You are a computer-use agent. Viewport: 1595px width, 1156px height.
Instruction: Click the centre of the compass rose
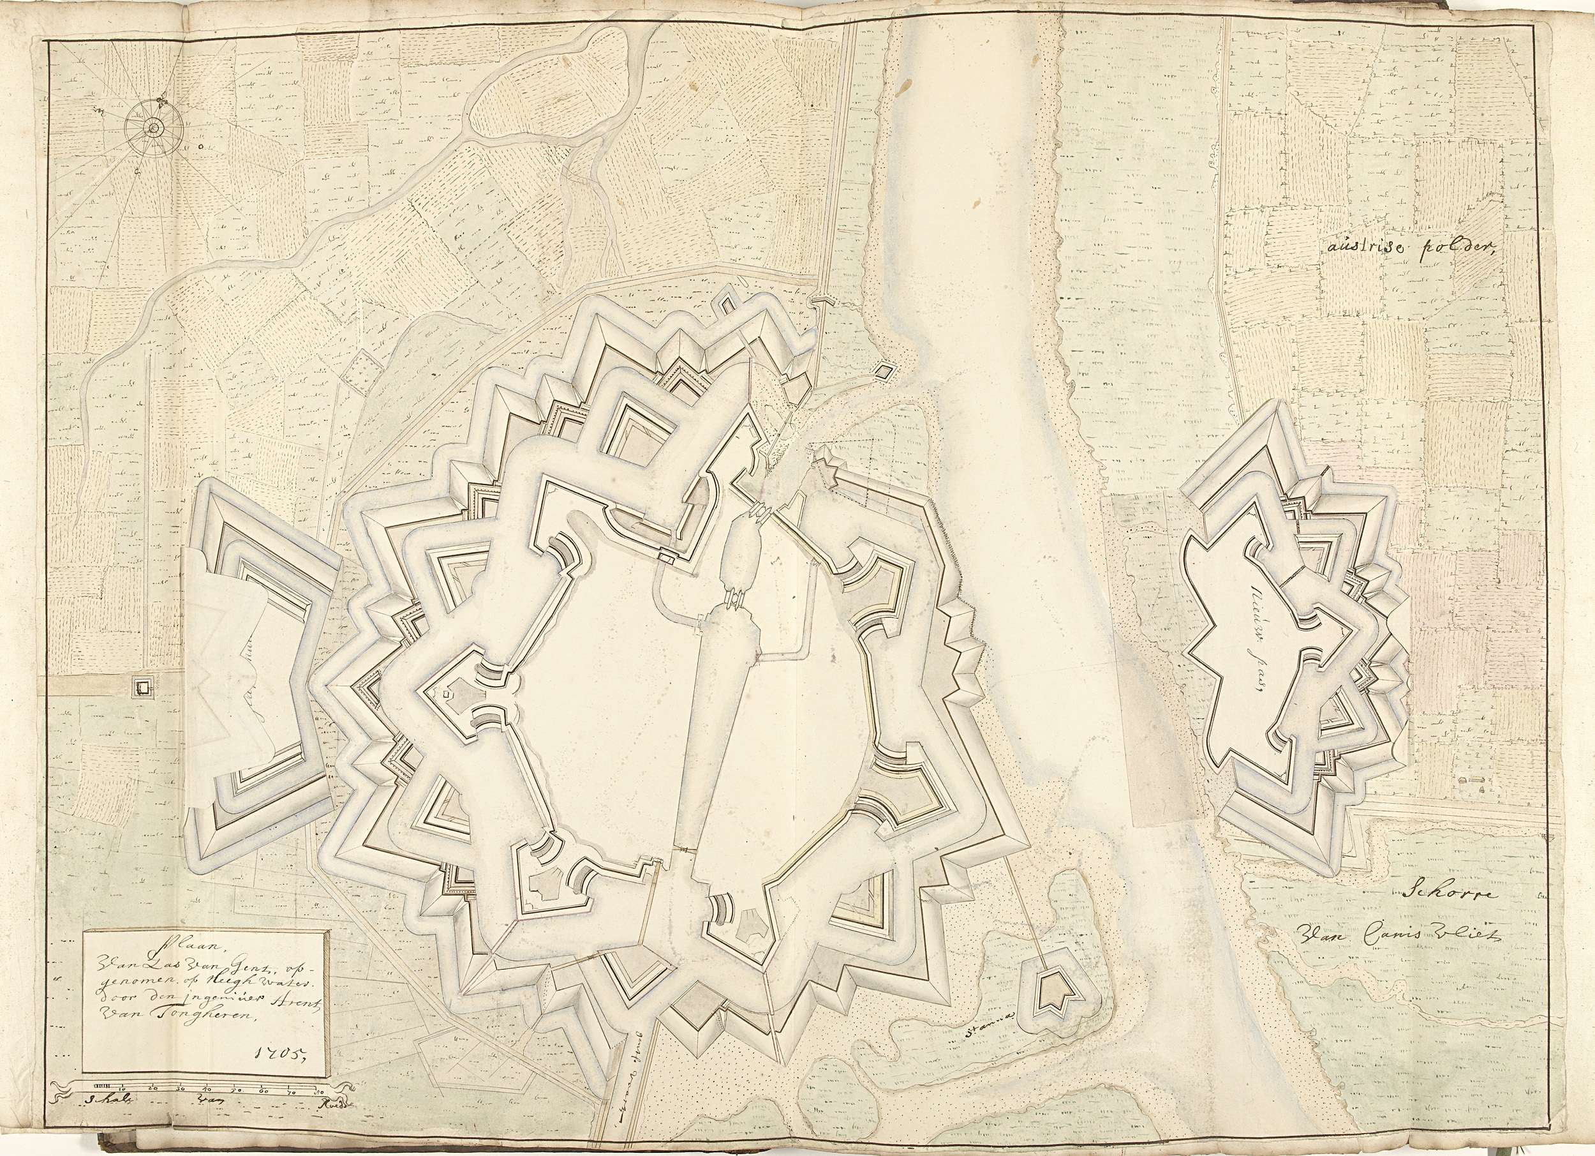(x=152, y=128)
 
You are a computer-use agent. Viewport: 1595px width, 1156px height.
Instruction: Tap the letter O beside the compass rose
(x=200, y=147)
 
